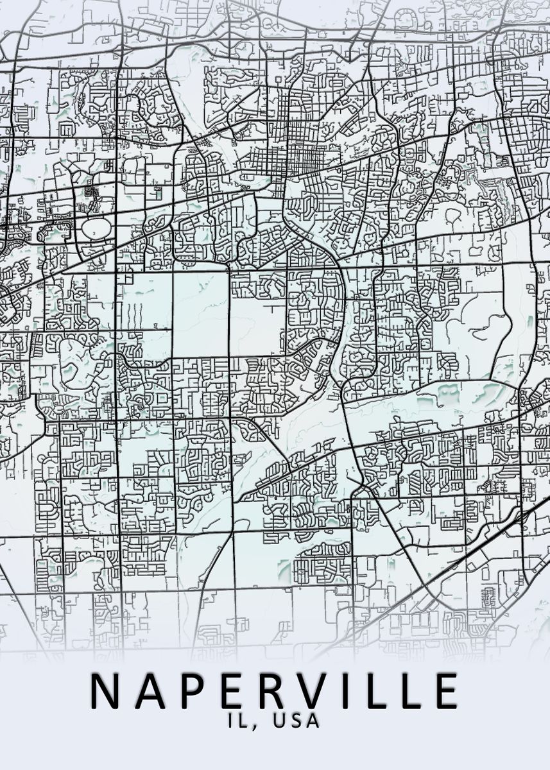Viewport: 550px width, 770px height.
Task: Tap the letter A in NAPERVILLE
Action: coord(148,691)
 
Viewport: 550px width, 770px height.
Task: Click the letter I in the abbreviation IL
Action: coord(230,721)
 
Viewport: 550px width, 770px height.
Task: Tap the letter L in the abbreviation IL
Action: coord(241,721)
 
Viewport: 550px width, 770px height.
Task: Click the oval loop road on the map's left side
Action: coord(96,227)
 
